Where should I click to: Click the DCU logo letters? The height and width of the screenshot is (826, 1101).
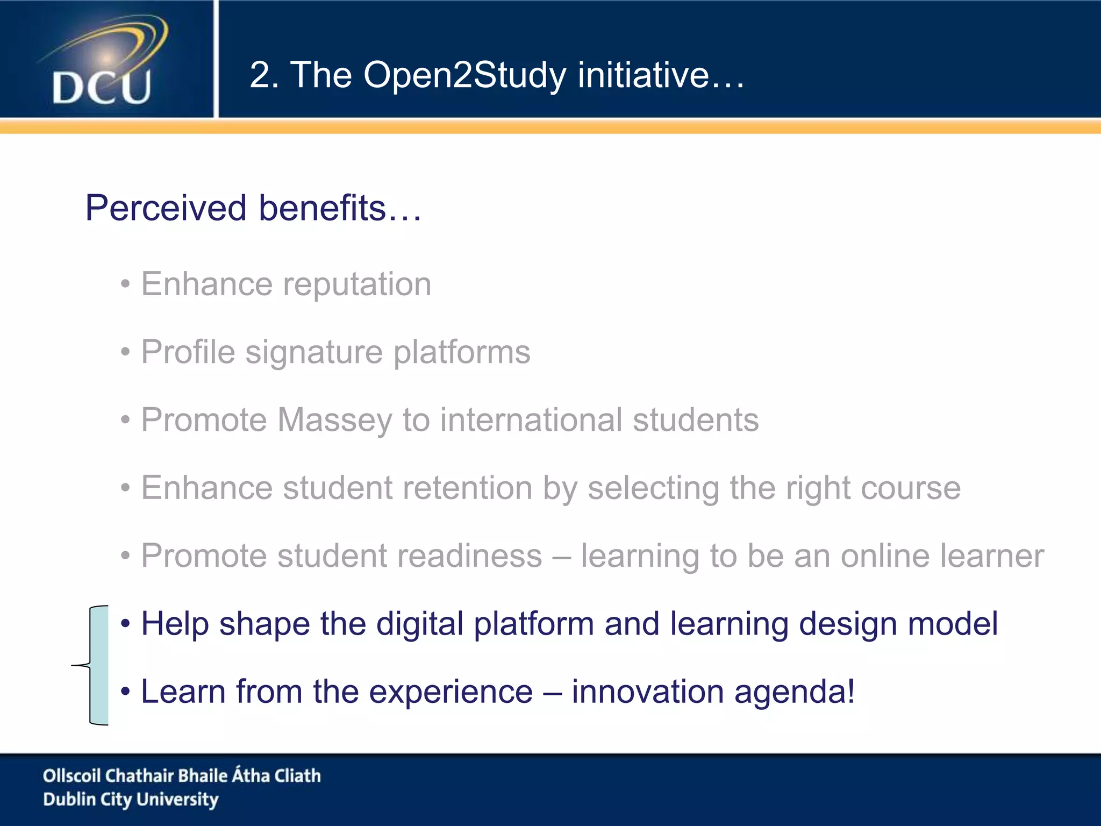click(102, 88)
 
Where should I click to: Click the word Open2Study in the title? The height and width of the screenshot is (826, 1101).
click(464, 75)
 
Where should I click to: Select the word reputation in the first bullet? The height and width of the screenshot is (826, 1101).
click(357, 284)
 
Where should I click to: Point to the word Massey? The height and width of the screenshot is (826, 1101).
click(335, 420)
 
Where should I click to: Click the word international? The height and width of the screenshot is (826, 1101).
click(531, 420)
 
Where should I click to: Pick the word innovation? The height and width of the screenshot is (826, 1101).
click(647, 692)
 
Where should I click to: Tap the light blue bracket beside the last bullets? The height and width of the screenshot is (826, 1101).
click(99, 666)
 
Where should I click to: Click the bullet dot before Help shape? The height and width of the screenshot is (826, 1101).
click(125, 624)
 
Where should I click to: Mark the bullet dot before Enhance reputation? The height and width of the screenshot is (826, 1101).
click(125, 284)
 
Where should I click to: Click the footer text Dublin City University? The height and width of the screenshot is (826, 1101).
click(131, 800)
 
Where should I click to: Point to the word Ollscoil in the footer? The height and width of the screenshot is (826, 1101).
click(72, 775)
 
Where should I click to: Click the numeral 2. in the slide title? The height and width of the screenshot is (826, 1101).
click(264, 75)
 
